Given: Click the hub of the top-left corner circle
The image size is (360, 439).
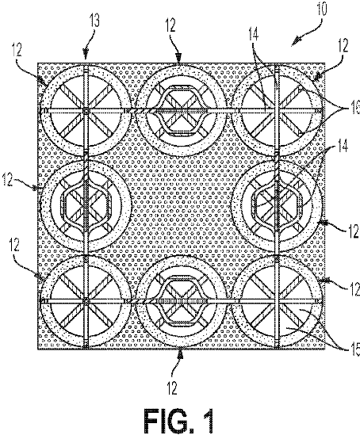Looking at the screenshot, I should [x=86, y=109].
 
